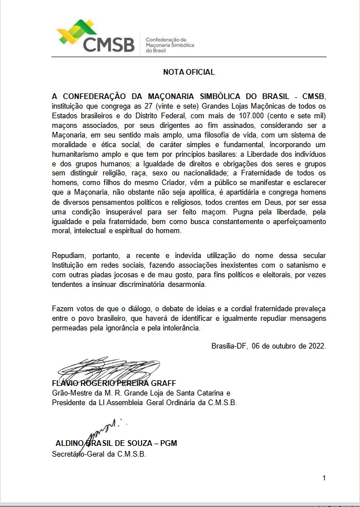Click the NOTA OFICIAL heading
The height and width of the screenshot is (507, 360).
click(188, 72)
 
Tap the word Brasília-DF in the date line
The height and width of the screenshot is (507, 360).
click(229, 345)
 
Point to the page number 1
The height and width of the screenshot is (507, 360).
click(324, 478)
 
